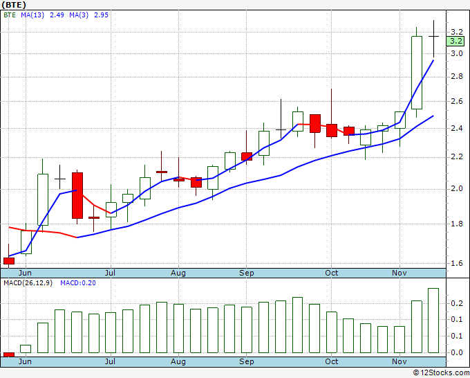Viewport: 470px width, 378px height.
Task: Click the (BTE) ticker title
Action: click(14, 5)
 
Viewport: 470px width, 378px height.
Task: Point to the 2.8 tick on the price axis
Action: click(455, 78)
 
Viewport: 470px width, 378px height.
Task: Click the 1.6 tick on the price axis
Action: click(455, 263)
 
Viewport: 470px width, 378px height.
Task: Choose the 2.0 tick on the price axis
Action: click(455, 189)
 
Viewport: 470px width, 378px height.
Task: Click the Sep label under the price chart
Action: click(247, 273)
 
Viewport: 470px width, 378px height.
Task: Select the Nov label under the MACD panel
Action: click(399, 361)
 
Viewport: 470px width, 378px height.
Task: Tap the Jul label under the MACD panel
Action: click(110, 361)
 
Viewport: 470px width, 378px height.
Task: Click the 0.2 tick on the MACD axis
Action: click(455, 303)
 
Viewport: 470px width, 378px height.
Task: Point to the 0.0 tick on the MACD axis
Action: click(455, 352)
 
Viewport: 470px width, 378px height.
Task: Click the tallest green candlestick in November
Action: click(416, 72)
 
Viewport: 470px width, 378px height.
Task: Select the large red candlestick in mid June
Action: click(77, 195)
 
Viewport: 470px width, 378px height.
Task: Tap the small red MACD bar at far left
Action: click(9, 354)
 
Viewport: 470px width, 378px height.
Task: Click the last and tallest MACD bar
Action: click(433, 321)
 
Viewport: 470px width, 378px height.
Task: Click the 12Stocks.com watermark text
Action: click(443, 373)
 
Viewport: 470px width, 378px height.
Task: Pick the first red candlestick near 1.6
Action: click(9, 261)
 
